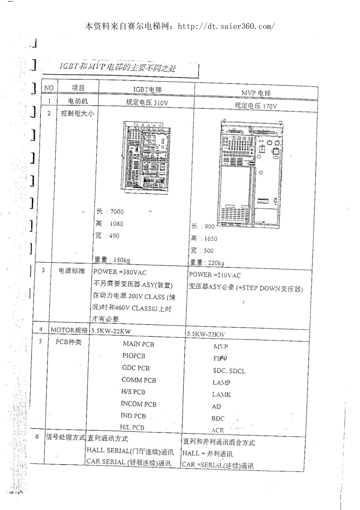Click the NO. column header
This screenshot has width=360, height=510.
pos(49,88)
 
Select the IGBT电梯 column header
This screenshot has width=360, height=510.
pos(147,89)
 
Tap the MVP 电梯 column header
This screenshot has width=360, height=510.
pos(256,93)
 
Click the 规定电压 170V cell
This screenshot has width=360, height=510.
pos(256,106)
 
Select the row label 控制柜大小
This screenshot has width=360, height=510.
pos(78,113)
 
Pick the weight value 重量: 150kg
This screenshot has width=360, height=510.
pos(112,260)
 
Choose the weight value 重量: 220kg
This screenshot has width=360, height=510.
pos(207,262)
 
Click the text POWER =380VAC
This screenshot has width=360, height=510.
pos(120,272)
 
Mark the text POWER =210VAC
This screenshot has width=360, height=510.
pos(214,275)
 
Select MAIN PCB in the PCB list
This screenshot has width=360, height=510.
pos(138,344)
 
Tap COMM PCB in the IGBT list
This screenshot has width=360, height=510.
pos(139,380)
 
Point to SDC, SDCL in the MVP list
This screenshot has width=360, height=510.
pos(229,371)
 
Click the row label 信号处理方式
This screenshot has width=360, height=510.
pos(66,437)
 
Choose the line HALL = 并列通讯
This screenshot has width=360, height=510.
pos(207,454)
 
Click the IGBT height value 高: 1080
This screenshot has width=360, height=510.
pos(110,224)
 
